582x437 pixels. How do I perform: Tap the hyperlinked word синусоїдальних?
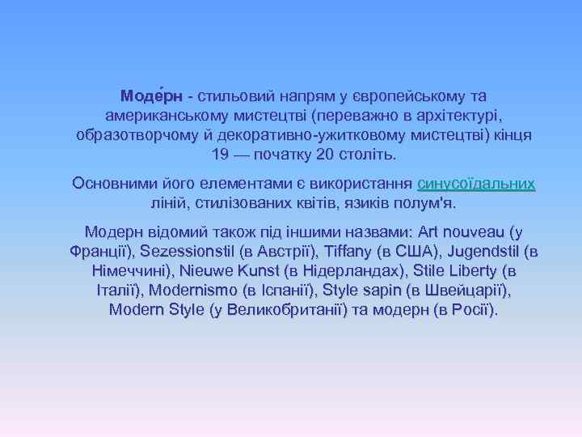[476, 183]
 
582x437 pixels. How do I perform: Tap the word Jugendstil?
[482, 251]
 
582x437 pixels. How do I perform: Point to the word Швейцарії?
[466, 290]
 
